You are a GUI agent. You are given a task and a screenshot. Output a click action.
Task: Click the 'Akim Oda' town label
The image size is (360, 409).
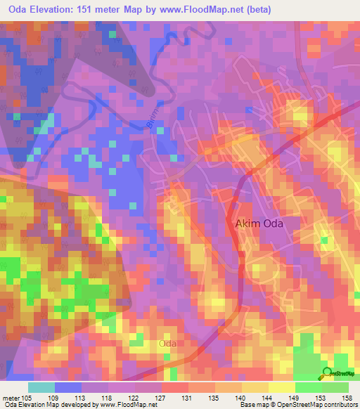[x=262, y=224]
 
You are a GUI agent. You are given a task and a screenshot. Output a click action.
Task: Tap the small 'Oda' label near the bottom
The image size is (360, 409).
[x=167, y=344]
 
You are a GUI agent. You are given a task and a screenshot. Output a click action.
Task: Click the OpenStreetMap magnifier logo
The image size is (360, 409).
[x=326, y=372]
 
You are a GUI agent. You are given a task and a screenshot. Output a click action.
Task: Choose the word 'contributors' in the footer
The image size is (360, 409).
[x=337, y=405]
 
